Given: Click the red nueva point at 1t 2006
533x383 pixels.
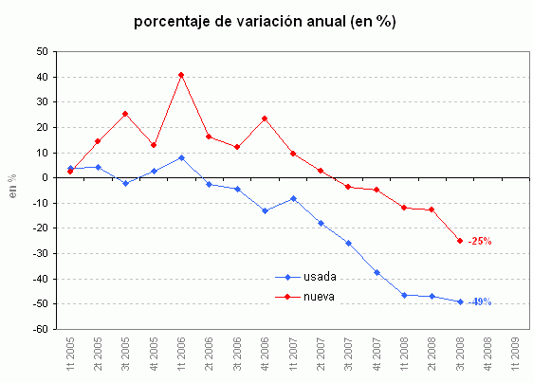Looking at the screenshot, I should pos(181,74).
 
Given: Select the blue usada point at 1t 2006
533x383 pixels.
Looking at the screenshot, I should pos(181,157).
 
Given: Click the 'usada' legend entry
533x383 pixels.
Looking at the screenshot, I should pos(319,277).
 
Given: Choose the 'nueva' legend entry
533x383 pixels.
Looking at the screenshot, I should pos(319,297).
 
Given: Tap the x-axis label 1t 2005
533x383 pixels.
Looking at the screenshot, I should pos(70,358).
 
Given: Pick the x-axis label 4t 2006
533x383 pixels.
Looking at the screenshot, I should pos(266,358).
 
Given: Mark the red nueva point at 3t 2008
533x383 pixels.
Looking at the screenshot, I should pos(461,241).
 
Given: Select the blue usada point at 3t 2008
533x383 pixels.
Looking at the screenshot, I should pos(461,301).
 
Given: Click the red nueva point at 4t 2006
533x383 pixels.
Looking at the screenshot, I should pos(265,119).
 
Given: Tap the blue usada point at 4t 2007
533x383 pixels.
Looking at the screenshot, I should pos(377,272).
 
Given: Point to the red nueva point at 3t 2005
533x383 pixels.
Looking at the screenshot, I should pos(125,114).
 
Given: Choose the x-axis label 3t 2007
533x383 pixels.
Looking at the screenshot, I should pos(349,358).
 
